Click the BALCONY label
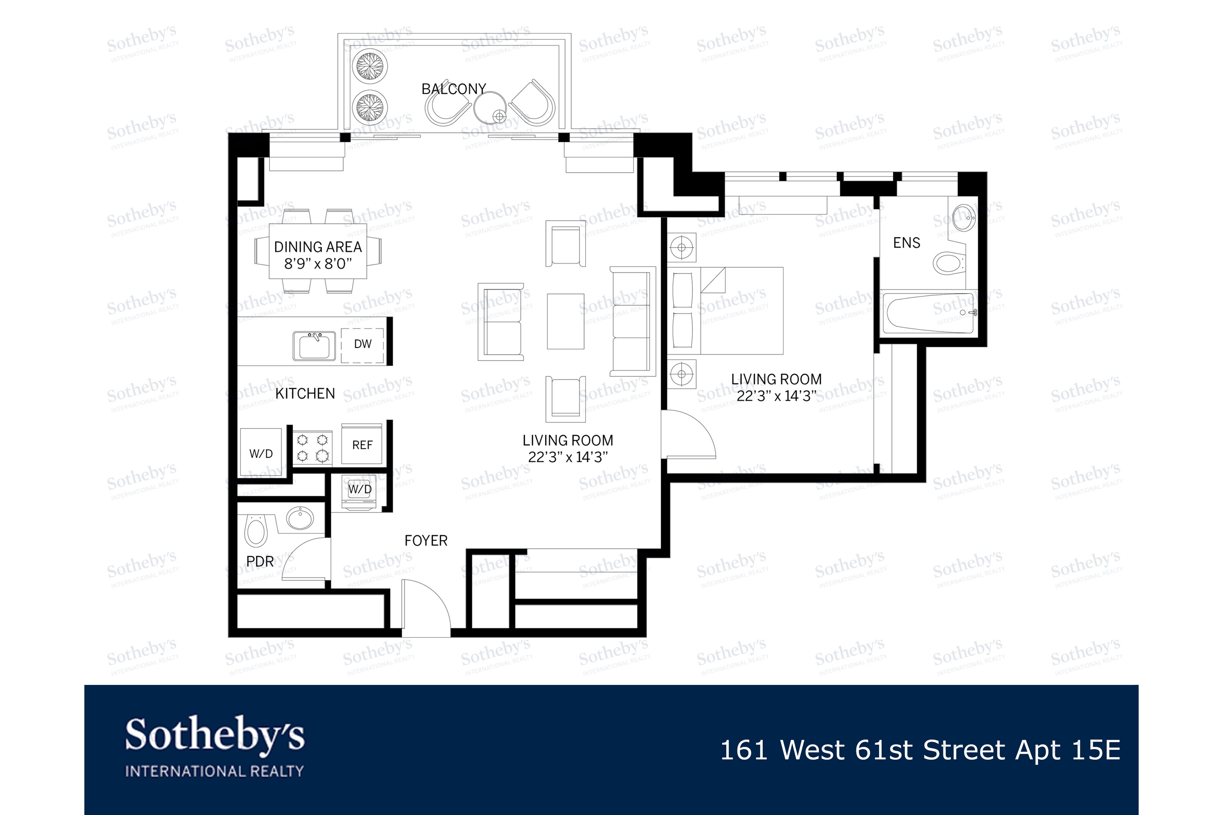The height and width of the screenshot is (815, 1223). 454,89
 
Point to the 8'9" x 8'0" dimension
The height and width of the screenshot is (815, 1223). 318,264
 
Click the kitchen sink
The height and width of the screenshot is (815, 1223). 314,346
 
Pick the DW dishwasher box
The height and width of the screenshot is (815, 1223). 362,344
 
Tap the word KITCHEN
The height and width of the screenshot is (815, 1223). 305,394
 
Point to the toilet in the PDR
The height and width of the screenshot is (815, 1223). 255,531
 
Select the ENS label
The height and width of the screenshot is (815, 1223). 906,243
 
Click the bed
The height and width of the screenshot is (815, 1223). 728,311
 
